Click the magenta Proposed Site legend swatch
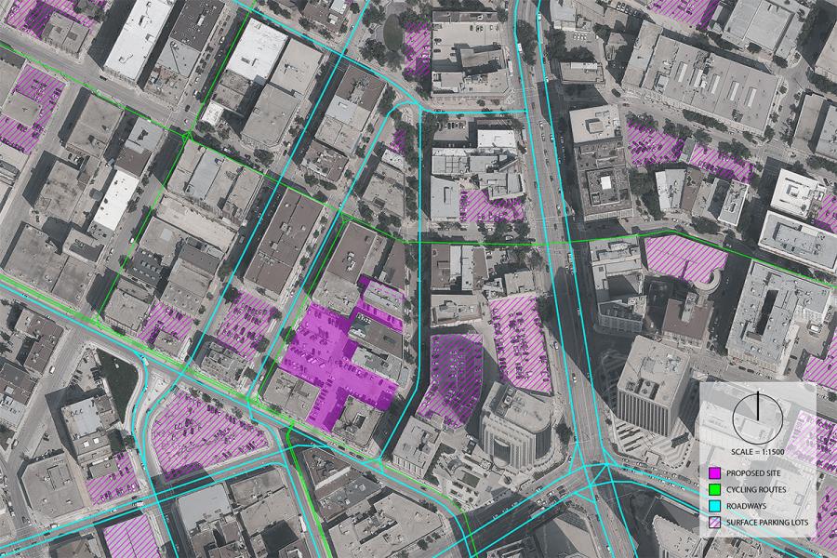click(x=714, y=472)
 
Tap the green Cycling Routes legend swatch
click(x=714, y=489)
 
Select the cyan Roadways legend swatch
click(x=714, y=506)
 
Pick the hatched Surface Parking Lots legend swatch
click(x=714, y=523)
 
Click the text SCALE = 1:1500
click(x=758, y=450)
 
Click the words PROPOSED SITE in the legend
click(x=756, y=472)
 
